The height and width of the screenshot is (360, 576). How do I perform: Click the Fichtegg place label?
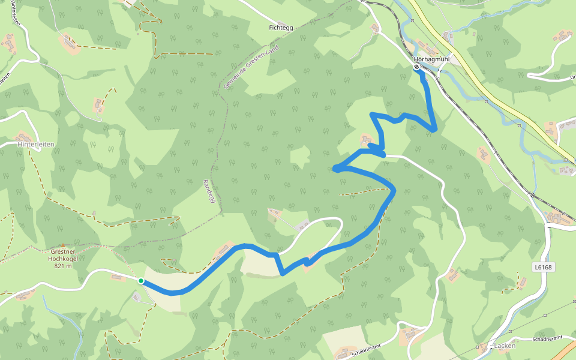click(x=281, y=28)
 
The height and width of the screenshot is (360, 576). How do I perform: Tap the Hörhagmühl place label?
click(x=431, y=59)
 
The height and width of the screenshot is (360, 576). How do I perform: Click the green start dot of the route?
click(x=141, y=281)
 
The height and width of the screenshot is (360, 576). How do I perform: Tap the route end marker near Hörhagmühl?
click(x=416, y=67)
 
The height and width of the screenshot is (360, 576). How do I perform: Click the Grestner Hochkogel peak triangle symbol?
click(x=62, y=245)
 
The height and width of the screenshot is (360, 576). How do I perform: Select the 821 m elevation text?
click(x=63, y=266)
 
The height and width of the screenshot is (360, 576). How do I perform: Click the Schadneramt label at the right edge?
click(x=547, y=340)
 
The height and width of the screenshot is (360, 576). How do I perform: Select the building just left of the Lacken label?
click(x=484, y=347)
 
